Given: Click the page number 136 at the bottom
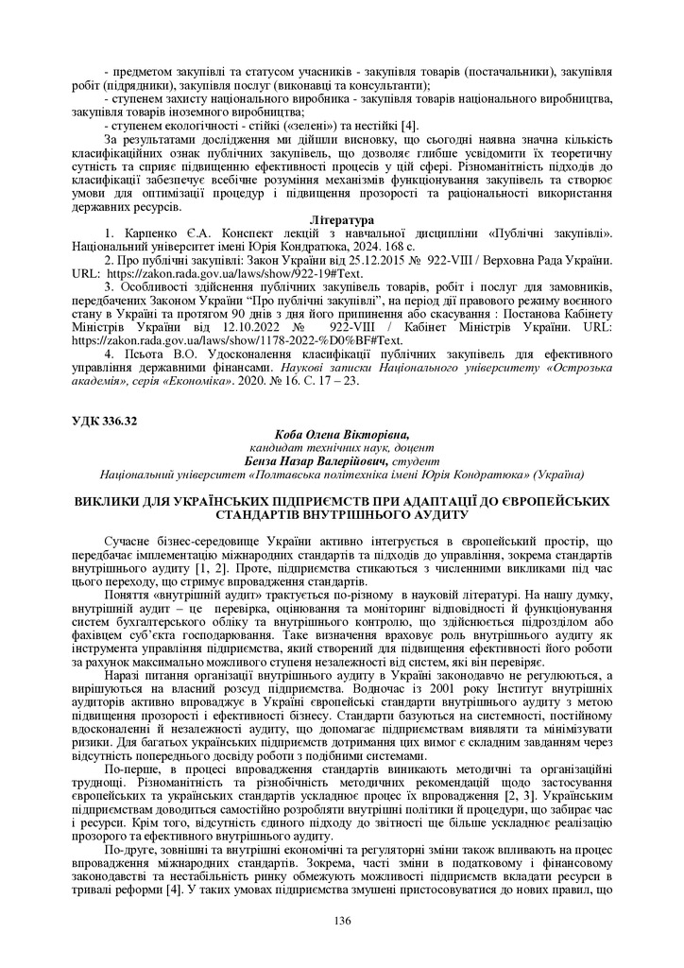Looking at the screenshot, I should (341, 922).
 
